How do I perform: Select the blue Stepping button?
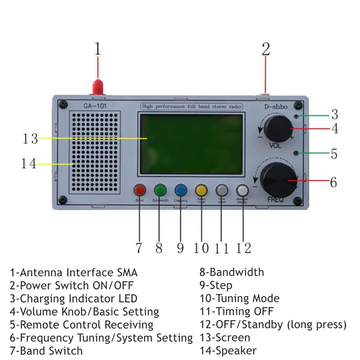[x=181, y=190]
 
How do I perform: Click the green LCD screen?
[x=192, y=144]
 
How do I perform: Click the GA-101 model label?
[x=95, y=107]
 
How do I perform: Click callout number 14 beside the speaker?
[x=28, y=164]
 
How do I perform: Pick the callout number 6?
[x=333, y=182]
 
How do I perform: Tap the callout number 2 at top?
[x=266, y=49]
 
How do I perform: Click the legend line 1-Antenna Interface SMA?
[x=74, y=272]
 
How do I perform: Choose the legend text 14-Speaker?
[x=228, y=351]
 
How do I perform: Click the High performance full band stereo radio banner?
[x=192, y=107]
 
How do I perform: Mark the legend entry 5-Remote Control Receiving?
[x=81, y=324]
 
